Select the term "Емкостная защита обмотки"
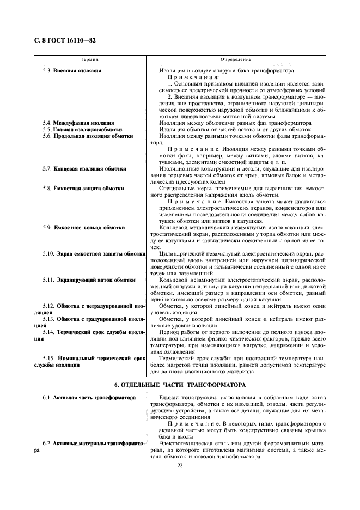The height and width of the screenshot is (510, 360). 88,189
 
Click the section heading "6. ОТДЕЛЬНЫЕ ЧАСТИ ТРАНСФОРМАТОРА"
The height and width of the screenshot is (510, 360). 180,385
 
